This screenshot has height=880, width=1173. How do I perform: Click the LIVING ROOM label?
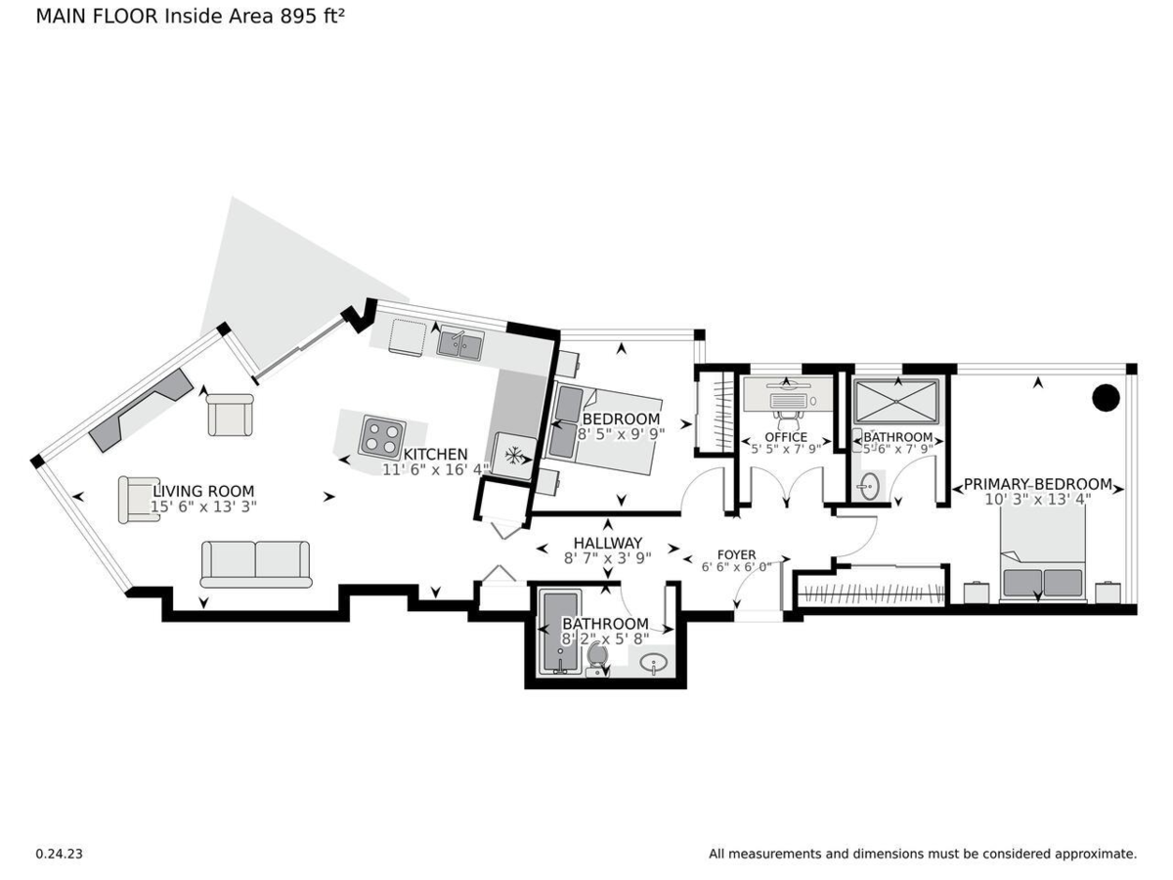(x=203, y=491)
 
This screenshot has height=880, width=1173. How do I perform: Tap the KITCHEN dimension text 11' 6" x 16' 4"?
(x=436, y=469)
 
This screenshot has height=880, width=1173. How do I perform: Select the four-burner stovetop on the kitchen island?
(x=381, y=438)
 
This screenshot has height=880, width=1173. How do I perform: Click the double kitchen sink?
(x=460, y=344)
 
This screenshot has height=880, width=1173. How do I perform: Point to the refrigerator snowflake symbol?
(x=513, y=456)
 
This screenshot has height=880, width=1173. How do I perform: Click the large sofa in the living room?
(x=255, y=564)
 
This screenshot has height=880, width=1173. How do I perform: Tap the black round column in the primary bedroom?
(x=1106, y=398)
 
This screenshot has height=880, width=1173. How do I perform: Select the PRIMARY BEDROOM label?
(x=1038, y=484)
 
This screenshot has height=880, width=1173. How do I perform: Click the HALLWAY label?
(x=608, y=543)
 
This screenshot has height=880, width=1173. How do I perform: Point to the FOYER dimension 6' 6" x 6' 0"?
(x=736, y=567)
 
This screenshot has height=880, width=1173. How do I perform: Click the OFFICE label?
(x=786, y=437)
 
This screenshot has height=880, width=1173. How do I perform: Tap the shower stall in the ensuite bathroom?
(x=895, y=401)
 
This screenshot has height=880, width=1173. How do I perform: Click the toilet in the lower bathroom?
(x=596, y=660)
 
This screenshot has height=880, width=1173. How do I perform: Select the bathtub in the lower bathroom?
(x=559, y=632)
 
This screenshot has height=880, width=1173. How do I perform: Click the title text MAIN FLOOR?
(x=97, y=17)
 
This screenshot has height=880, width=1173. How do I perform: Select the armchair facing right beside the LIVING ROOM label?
(x=139, y=500)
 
